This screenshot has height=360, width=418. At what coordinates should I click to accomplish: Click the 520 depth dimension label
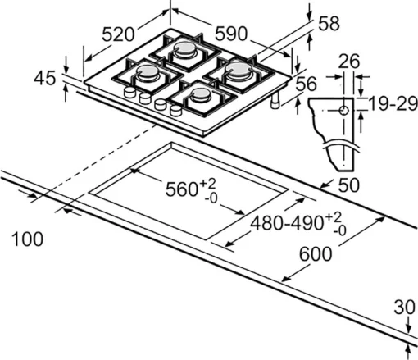tap(119, 34)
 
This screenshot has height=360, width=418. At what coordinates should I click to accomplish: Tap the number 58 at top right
tap(328, 25)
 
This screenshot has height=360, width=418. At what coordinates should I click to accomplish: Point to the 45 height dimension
tap(48, 80)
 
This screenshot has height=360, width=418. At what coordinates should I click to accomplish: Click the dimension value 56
tap(306, 84)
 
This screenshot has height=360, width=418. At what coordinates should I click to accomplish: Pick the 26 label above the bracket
tap(349, 62)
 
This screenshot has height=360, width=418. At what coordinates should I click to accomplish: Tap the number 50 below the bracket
tap(349, 185)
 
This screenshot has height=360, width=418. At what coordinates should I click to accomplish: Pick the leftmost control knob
tap(128, 94)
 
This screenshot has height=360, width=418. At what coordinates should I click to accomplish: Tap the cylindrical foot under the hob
tap(273, 103)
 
